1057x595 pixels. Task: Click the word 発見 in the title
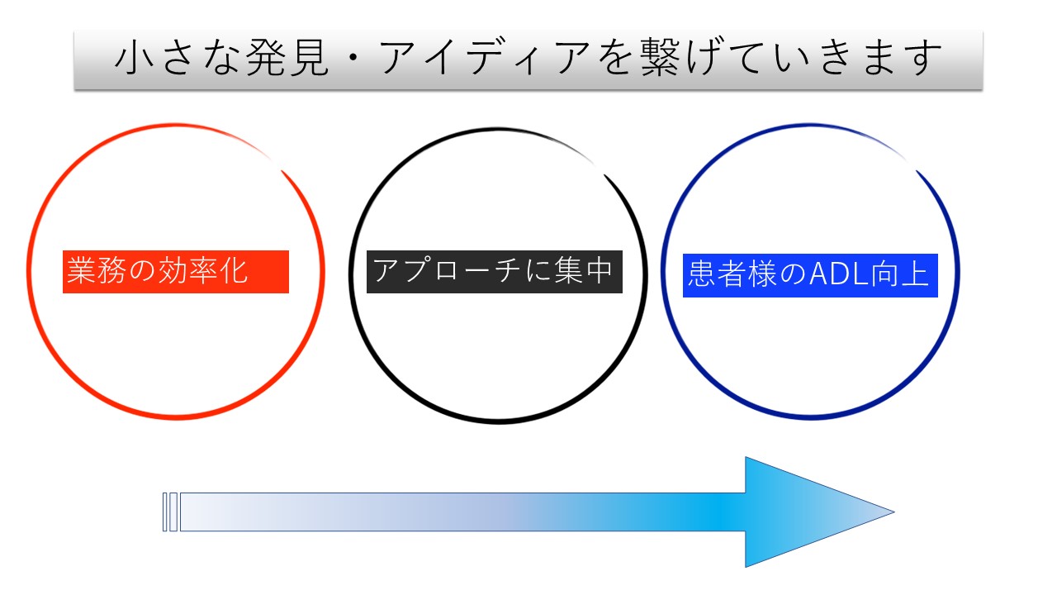287,58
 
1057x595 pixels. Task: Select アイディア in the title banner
484,58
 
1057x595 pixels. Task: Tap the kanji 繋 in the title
660,58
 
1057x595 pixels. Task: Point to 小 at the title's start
135,58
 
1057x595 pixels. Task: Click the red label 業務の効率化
176,272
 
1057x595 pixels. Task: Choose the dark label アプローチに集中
495,272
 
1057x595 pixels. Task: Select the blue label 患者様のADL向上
810,276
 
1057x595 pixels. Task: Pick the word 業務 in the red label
97,270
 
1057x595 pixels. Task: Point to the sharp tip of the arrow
894,512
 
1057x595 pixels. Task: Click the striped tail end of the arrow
170,512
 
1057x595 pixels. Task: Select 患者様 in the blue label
732,274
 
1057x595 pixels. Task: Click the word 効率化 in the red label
202,270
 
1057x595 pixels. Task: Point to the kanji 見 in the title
309,58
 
